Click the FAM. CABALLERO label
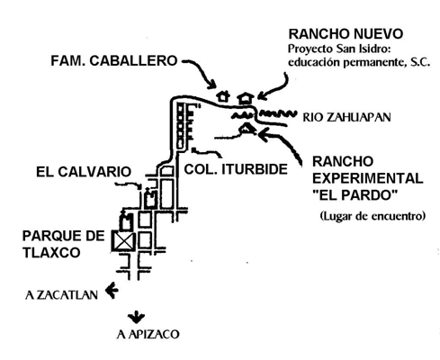coord(114,61)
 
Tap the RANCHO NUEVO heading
coord(346,34)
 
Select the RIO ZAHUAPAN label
coord(346,117)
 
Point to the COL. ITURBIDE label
coord(236,169)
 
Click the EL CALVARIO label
coord(84,172)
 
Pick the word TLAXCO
coord(51,253)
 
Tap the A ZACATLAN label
coord(62,295)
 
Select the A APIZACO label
coord(148,334)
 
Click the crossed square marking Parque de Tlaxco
coord(123,240)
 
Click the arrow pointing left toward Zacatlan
coord(112,290)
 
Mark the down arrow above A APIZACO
coord(137,317)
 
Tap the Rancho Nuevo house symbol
coord(246,98)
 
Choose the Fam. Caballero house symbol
coord(223,96)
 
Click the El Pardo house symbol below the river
coord(247,129)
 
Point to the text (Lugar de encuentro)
coord(373,216)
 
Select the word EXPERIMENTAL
coord(368,178)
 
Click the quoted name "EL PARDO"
coord(355,195)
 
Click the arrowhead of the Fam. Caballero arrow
coord(211,85)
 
